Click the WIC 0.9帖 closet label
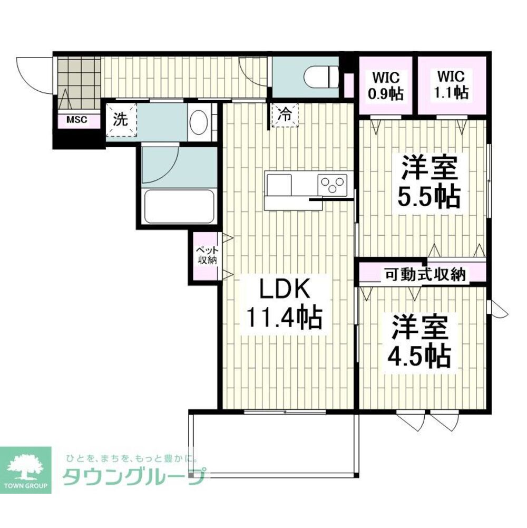tap(385, 85)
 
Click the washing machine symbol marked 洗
tap(121, 120)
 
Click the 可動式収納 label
tap(424, 274)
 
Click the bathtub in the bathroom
tap(179, 206)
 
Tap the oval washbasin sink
tap(199, 123)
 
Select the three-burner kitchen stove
tap(332, 185)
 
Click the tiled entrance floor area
tap(78, 76)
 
